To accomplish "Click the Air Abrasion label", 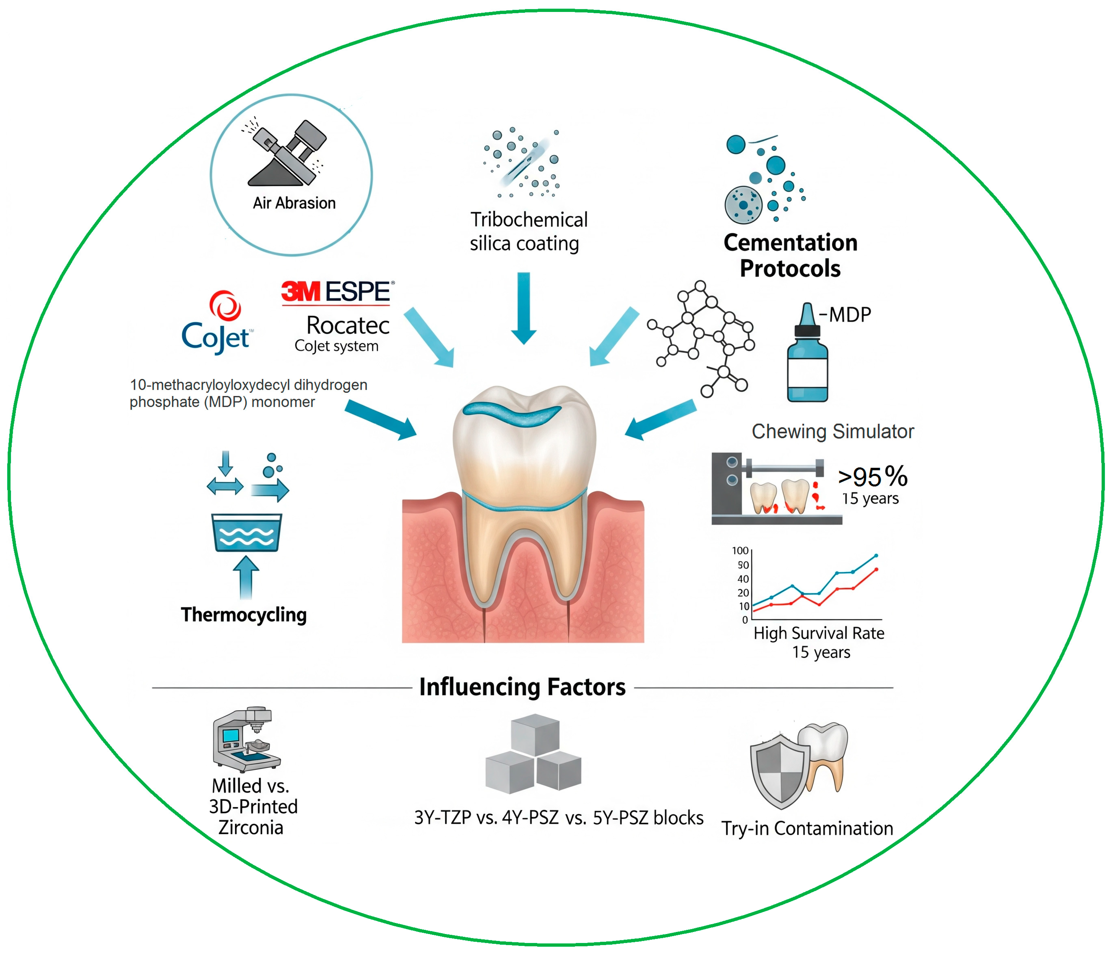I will tap(294, 203).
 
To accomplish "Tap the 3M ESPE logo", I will tap(337, 292).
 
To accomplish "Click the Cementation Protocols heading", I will tap(790, 255).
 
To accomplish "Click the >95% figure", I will tap(872, 476).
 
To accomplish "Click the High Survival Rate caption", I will tap(819, 634).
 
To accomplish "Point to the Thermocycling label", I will tap(244, 615).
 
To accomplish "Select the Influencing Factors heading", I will tap(522, 687).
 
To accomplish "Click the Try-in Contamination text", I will tap(807, 829).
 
